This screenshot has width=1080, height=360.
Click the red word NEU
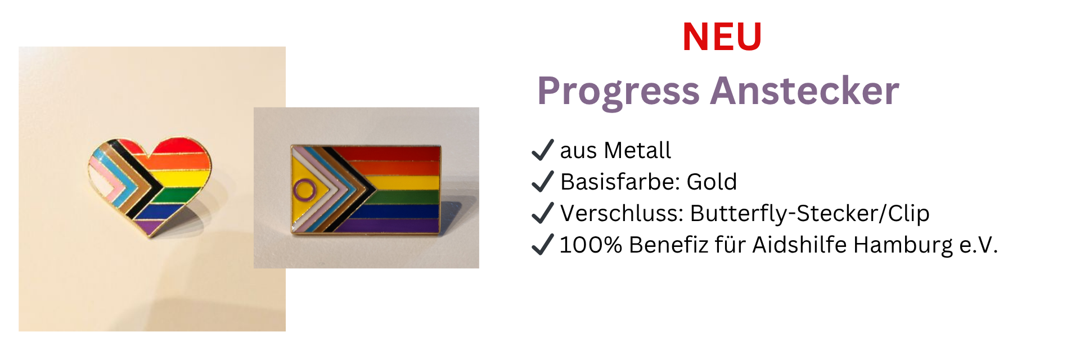722,37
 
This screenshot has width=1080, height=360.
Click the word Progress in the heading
618,92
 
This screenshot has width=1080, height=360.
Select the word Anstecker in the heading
805,91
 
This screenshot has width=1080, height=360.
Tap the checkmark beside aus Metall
543,150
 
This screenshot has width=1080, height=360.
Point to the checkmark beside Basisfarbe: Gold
543,181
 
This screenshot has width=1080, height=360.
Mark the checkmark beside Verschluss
543,213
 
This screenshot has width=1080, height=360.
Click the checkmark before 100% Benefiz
543,244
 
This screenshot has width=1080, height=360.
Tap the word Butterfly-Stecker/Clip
809,214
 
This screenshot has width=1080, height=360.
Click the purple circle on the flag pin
305,190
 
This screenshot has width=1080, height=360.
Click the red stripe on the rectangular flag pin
388,153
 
